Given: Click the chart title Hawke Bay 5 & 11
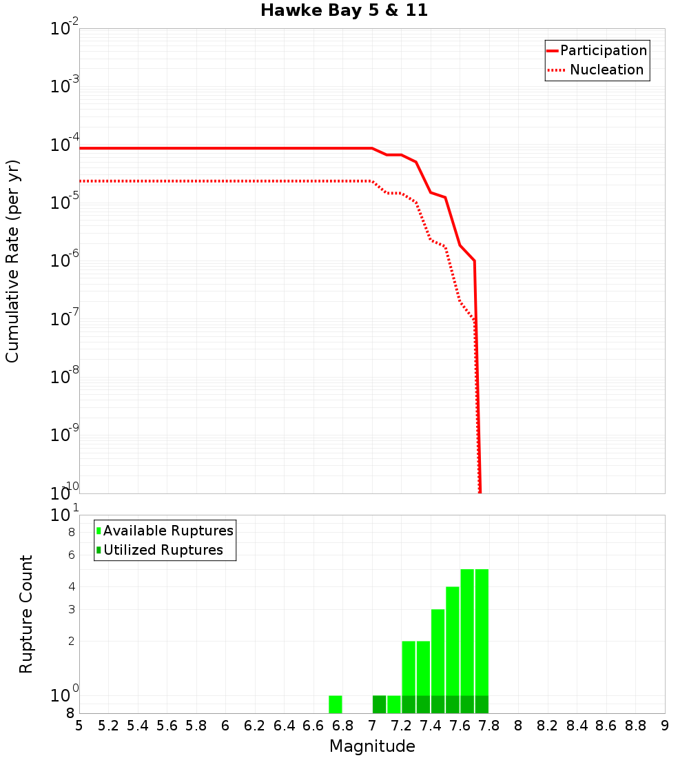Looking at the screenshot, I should [x=344, y=11].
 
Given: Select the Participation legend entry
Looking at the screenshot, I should [x=603, y=50].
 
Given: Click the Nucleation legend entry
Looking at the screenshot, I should [x=606, y=70].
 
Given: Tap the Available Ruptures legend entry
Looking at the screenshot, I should [x=168, y=531].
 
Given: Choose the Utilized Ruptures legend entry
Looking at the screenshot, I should [x=163, y=550].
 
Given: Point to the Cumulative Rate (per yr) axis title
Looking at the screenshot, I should [x=12, y=260].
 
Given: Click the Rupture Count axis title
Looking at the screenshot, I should [x=26, y=614].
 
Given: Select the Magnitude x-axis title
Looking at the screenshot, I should [x=372, y=746].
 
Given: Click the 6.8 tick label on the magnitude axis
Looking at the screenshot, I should [x=342, y=726].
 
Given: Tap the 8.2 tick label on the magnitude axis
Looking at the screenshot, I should [x=548, y=726].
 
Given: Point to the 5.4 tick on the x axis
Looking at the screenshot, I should [x=138, y=726].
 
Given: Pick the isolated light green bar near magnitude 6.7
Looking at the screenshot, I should [x=336, y=704].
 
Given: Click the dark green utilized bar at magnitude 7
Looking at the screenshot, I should [x=379, y=704].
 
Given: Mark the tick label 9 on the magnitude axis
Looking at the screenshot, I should [x=665, y=726].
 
